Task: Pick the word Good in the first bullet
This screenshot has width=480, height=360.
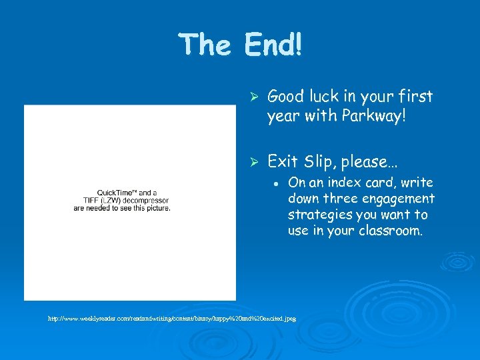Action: [286, 97]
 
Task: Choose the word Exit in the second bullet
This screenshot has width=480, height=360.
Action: [283, 161]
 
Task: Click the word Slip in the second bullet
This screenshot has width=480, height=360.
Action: [319, 161]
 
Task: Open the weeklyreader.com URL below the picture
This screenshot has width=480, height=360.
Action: [171, 319]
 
